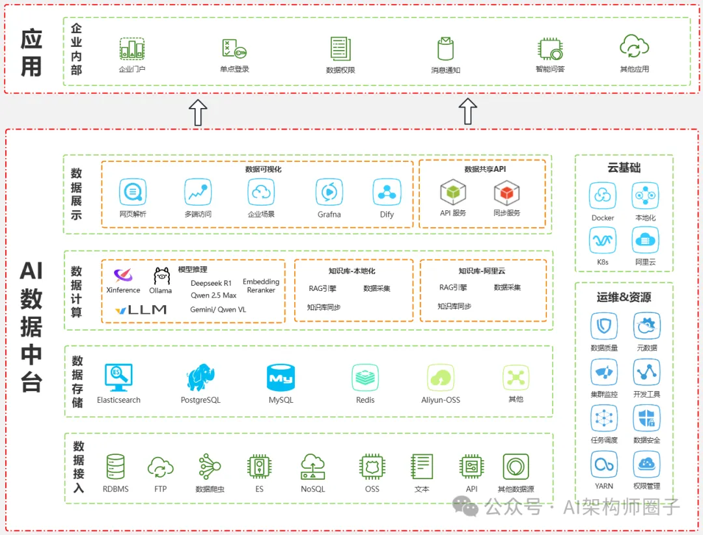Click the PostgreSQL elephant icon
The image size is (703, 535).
[200, 377]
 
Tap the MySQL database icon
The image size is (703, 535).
[281, 377]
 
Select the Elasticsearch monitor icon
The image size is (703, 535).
[118, 377]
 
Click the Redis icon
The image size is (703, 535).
[365, 377]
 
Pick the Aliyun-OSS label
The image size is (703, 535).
[441, 400]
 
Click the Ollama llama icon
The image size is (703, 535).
[161, 276]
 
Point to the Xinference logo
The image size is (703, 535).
[123, 275]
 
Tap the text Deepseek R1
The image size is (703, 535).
[211, 283]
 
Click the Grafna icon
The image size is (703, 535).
[329, 192]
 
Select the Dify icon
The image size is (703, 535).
[387, 192]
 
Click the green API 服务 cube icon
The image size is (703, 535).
[453, 192]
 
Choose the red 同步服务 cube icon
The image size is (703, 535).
[506, 192]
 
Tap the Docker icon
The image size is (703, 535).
[603, 196]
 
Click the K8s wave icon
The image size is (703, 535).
[603, 241]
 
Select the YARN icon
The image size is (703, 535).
[603, 465]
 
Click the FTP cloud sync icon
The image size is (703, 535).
[160, 467]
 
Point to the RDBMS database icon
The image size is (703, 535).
[115, 467]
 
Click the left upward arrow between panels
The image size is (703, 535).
[198, 112]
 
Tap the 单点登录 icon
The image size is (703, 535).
[234, 49]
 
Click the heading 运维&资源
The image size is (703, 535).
[624, 297]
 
